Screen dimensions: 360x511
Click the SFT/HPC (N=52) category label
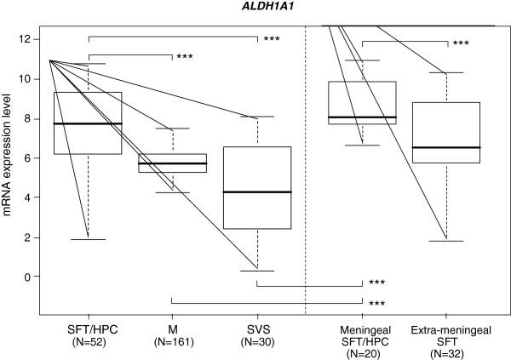point(89,334)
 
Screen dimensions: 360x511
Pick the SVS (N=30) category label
point(256,334)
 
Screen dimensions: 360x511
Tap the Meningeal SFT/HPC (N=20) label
point(362,339)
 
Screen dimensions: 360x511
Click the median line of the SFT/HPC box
point(89,123)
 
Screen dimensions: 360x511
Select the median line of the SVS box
point(256,192)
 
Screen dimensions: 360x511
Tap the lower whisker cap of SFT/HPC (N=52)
point(89,239)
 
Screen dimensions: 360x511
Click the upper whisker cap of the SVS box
point(256,117)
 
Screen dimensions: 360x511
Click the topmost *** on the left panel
point(272,39)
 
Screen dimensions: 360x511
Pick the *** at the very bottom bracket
point(377,303)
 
